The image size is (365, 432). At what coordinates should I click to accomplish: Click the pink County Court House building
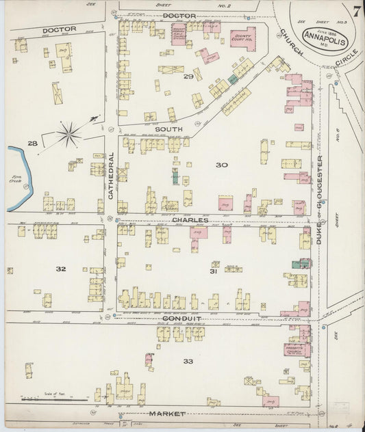coord(243,38)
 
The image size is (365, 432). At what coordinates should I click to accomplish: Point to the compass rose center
coord(69,133)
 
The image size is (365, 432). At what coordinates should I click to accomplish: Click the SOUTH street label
coord(166,129)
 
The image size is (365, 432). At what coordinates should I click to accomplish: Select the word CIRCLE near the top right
coord(340,65)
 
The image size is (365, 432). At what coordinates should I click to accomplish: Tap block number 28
coord(32,143)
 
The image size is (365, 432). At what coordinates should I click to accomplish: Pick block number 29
coord(188,77)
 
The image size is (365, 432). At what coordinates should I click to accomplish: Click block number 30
coord(221,165)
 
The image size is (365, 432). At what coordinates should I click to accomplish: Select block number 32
coord(60,269)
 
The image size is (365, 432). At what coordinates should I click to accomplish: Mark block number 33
coord(188,360)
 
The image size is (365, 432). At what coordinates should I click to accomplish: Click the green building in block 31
coord(299,263)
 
